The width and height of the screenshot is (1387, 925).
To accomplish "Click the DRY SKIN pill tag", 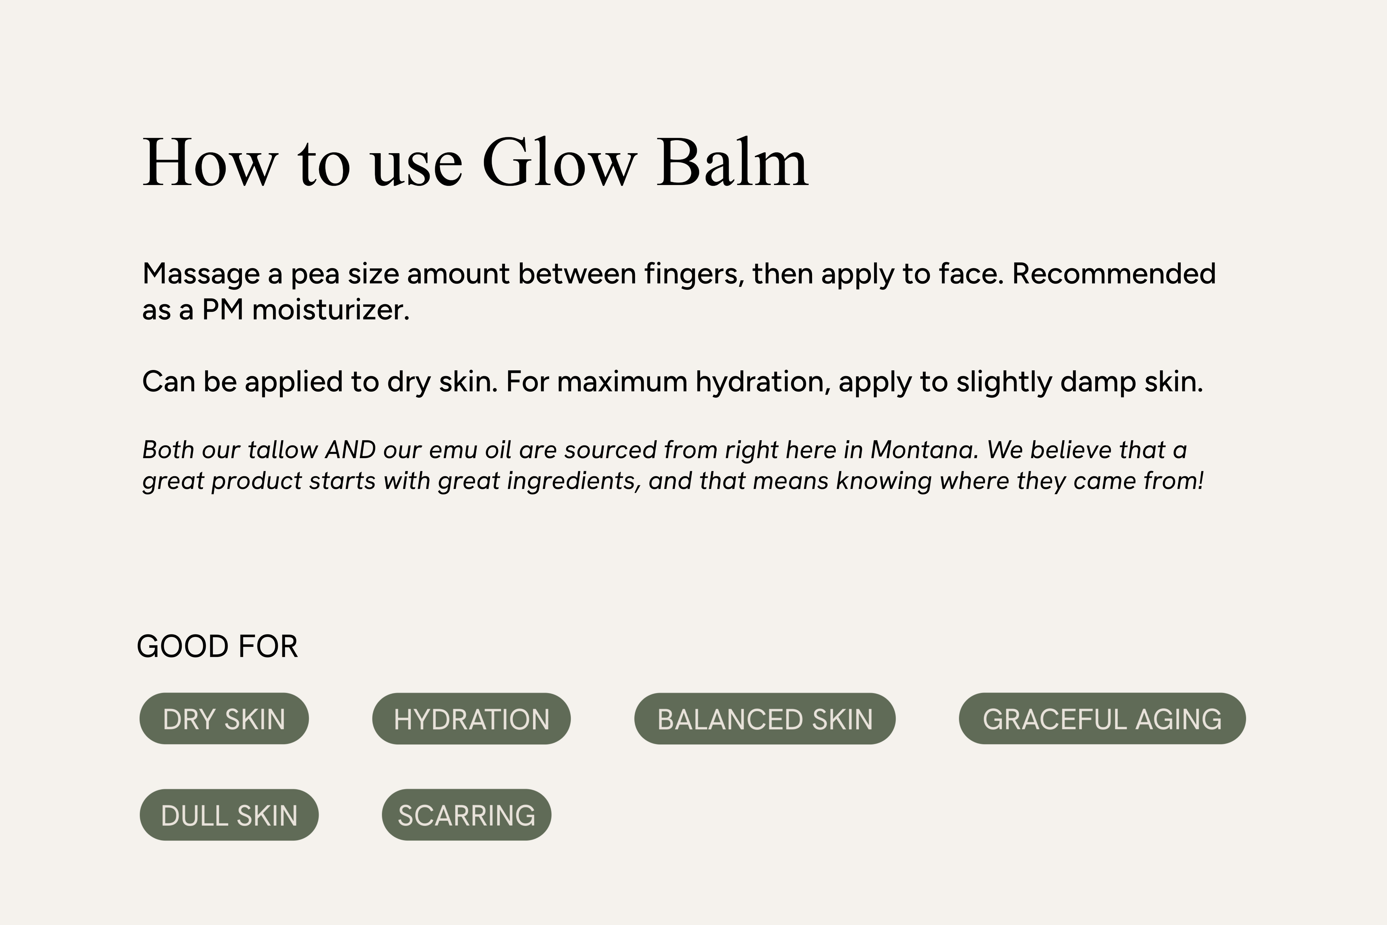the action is (x=224, y=719).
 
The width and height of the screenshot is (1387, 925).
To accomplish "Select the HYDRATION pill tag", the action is (x=471, y=719).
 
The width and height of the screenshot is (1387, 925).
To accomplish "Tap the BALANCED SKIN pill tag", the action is (x=765, y=719).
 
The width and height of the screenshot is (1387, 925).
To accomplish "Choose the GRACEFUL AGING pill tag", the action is (x=1102, y=719).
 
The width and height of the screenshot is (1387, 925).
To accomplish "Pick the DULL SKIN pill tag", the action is (x=229, y=815).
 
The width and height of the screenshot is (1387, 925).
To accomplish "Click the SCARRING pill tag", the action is (x=466, y=815).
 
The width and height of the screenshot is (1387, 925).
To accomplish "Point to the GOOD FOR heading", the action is (x=217, y=646).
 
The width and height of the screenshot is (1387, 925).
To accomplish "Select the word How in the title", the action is (x=210, y=162).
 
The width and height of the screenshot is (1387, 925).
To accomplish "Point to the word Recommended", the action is (x=1114, y=274).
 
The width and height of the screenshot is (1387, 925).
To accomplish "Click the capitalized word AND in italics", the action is (x=351, y=450).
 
